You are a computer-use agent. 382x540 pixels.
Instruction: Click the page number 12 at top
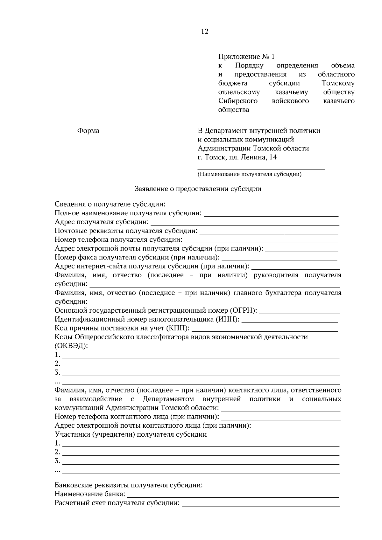(205, 31)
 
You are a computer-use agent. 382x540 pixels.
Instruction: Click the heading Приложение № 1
(246, 57)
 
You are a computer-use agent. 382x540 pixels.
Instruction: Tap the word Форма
(88, 131)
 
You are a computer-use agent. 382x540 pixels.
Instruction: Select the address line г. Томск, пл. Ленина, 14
(237, 157)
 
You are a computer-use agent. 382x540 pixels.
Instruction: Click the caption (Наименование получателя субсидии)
(249, 174)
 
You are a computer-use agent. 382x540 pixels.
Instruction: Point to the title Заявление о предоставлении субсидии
(198, 189)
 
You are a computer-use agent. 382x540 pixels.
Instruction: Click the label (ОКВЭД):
(71, 346)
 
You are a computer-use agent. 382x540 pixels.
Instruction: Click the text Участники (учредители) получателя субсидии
(131, 434)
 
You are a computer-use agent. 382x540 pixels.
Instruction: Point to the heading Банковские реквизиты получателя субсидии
(129, 486)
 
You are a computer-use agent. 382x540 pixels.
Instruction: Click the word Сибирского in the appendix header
(238, 101)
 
